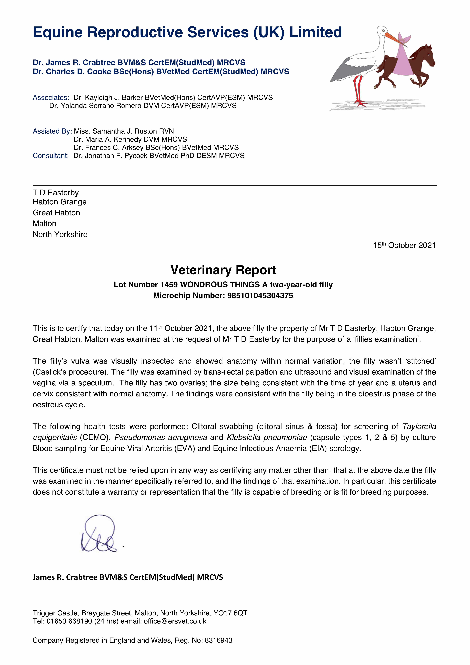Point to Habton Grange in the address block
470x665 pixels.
tap(60, 202)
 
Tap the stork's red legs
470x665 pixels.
tap(358, 90)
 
